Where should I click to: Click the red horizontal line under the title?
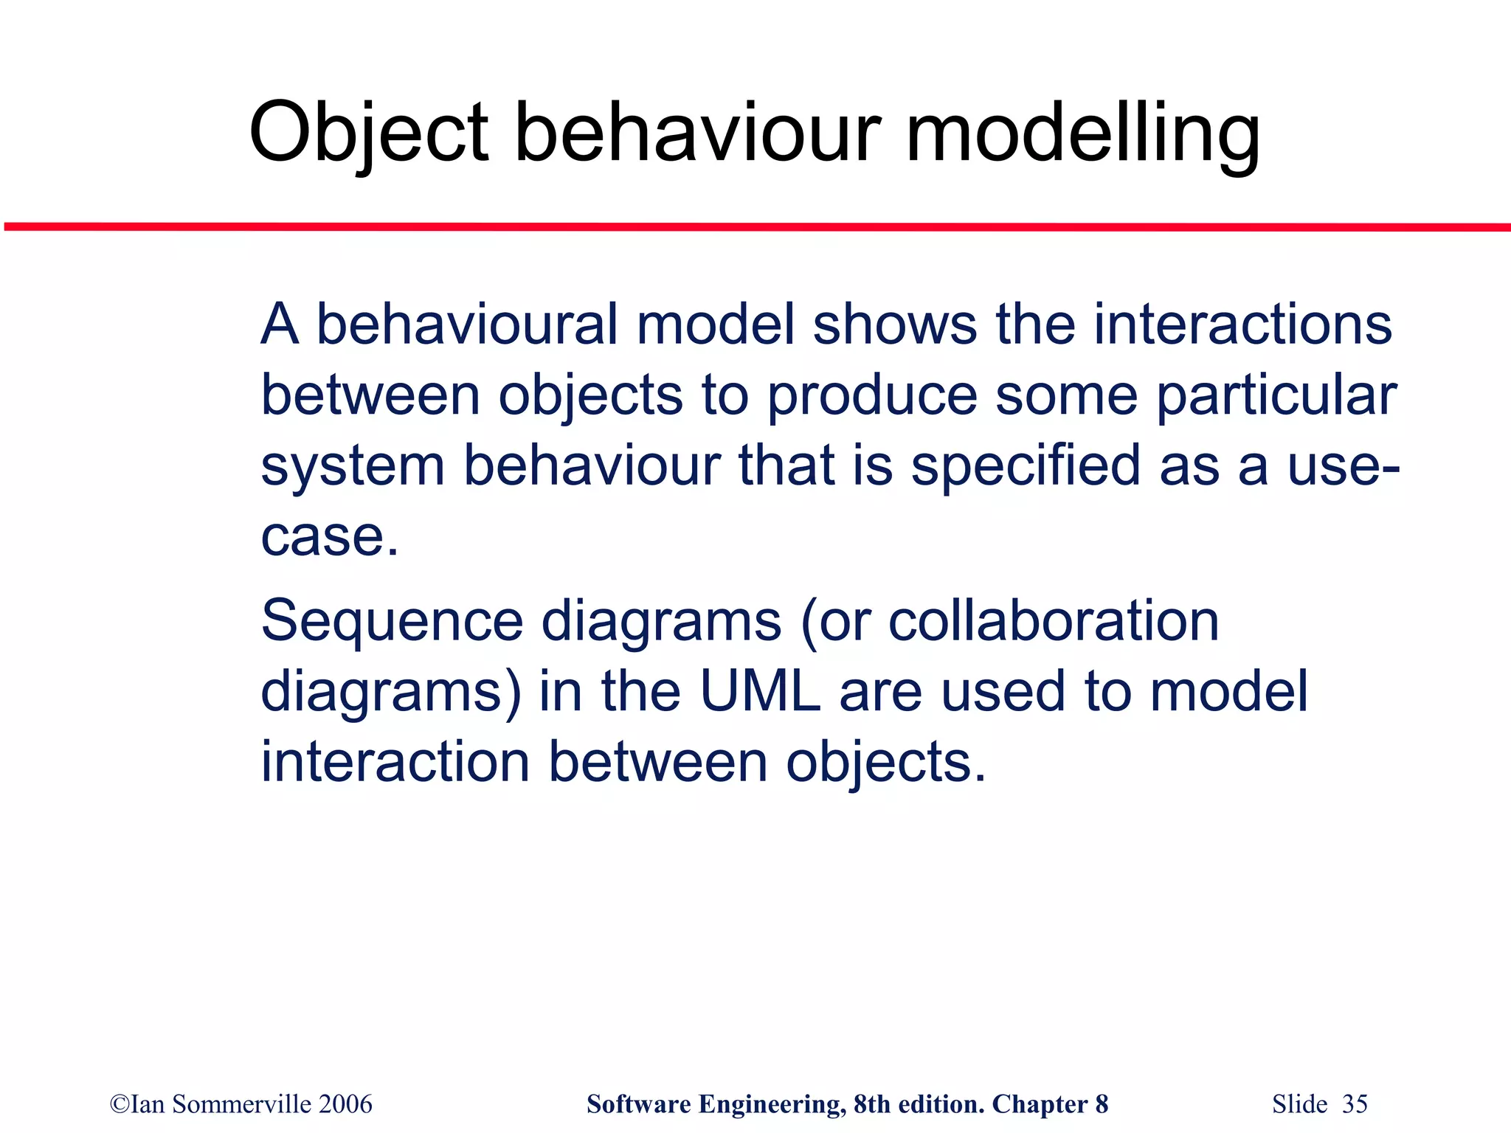(755, 227)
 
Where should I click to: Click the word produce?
(872, 397)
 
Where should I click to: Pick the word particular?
(1276, 397)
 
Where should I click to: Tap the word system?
(353, 467)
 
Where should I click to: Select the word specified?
(1026, 467)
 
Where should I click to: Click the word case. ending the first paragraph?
(329, 536)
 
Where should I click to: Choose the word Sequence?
(392, 621)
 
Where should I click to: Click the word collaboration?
(1053, 621)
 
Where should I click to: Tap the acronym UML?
(760, 691)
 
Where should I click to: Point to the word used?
(1003, 691)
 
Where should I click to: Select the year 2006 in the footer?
(345, 1104)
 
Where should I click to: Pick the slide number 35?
(1355, 1104)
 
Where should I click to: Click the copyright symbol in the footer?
(119, 1105)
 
